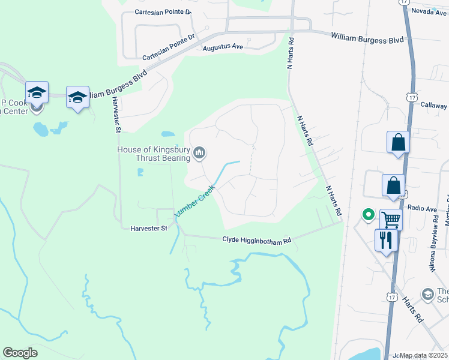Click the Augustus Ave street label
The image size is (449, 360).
[222, 47]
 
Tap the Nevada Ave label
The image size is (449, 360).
[429, 13]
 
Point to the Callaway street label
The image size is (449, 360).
[434, 104]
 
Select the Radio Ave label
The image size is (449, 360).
[423, 208]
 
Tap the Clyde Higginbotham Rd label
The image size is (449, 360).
[256, 240]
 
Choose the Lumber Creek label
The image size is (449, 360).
[194, 205]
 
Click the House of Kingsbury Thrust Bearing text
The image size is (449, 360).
[153, 154]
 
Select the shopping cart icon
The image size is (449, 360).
[390, 220]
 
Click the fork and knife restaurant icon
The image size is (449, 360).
[385, 240]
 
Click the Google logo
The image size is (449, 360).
[20, 353]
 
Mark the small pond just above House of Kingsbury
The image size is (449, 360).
[168, 134]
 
